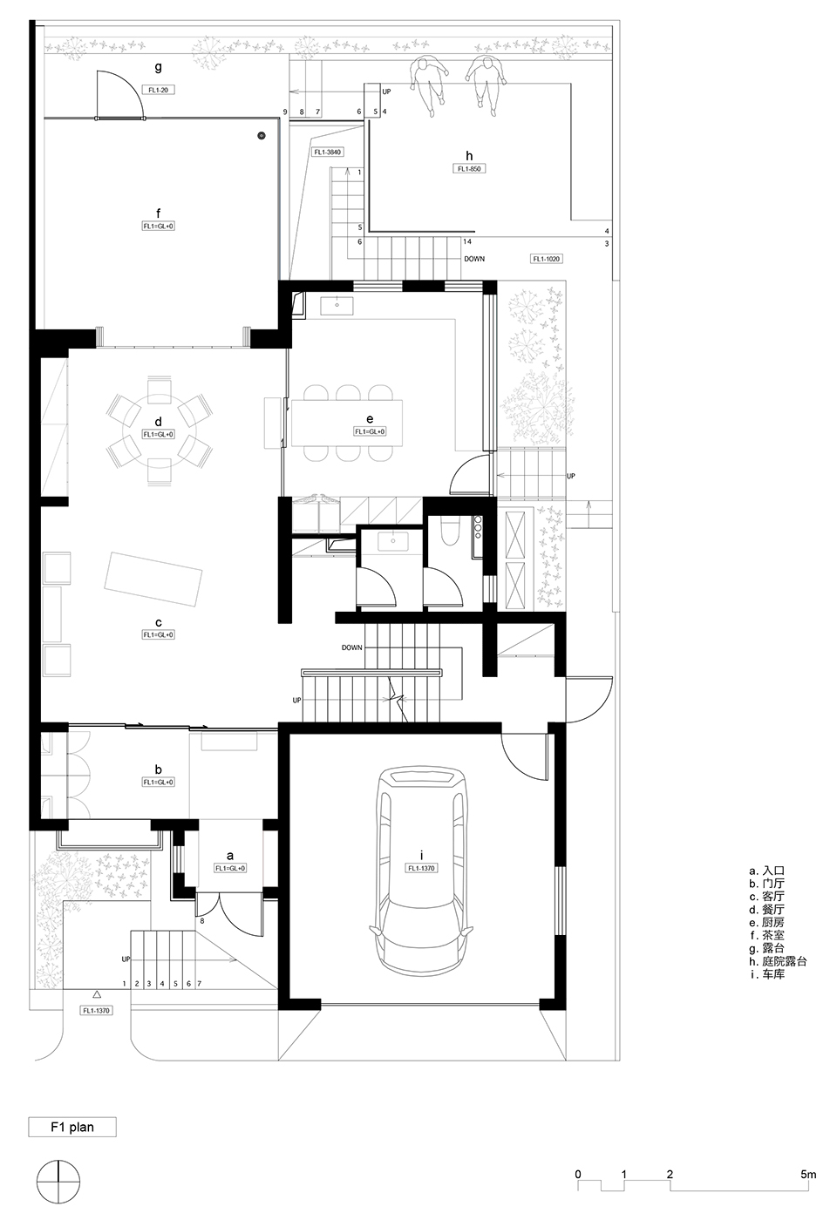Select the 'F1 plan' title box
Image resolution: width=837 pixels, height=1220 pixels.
pos(72,1127)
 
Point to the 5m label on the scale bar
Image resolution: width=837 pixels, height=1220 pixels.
pos(808,1174)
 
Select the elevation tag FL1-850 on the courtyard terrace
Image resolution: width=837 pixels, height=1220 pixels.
pos(469,169)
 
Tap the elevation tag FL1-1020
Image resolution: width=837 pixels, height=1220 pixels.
pos(547,259)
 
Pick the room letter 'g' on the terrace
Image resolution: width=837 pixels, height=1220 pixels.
pos(158,66)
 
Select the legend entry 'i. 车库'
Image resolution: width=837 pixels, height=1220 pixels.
pos(766,973)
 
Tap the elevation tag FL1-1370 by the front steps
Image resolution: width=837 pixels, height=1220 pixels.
pos(98,1011)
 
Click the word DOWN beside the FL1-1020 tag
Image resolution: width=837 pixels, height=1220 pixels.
pos(474,259)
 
